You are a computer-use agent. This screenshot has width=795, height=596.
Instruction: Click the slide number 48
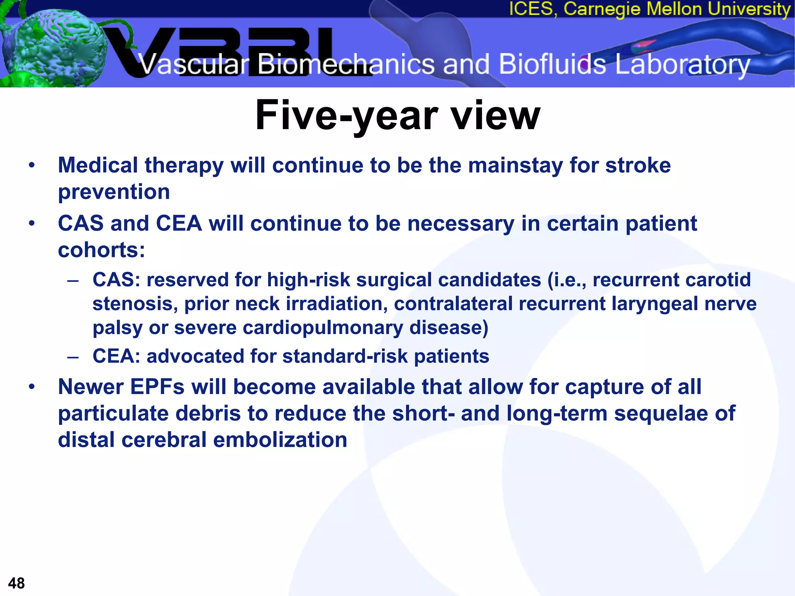point(16,583)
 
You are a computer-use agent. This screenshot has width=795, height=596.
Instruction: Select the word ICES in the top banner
point(530,9)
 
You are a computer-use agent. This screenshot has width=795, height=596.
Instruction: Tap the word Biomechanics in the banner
point(345,64)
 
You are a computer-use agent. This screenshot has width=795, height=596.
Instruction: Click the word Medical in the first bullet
point(98,165)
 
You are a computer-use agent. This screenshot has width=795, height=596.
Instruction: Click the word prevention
point(114,192)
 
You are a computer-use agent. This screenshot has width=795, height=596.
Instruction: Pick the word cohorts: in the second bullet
point(101,249)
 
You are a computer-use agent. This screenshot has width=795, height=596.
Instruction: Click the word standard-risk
point(345,356)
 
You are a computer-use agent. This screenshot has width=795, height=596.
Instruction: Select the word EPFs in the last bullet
point(157,387)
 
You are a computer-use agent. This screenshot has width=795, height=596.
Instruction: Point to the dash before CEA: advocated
point(73,357)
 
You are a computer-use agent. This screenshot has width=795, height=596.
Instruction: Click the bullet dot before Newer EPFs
point(32,386)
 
